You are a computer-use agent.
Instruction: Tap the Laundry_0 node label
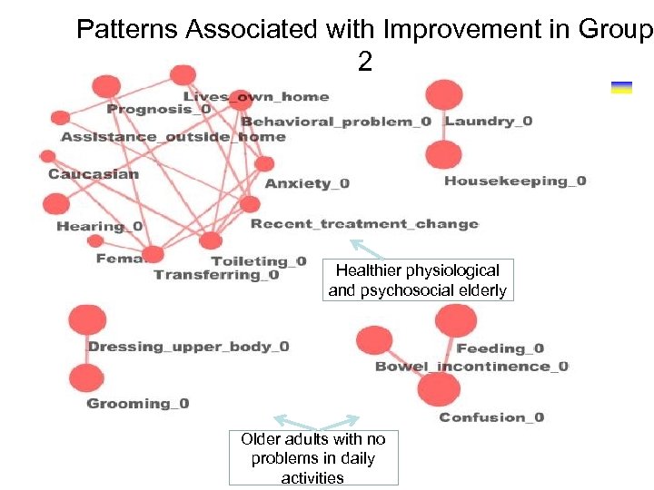[488, 121]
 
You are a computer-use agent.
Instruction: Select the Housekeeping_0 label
[515, 181]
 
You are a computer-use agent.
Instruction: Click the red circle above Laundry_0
[444, 94]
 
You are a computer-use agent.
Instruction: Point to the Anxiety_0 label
[307, 183]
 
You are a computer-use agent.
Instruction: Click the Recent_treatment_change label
[364, 223]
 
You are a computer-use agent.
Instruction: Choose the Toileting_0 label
[259, 261]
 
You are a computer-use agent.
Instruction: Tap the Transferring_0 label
[216, 275]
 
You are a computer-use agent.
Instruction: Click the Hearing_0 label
[99, 226]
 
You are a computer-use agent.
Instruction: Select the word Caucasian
[94, 173]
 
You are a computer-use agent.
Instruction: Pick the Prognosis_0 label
[159, 109]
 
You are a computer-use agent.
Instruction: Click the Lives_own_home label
[256, 96]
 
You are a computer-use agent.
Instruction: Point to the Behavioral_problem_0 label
[335, 122]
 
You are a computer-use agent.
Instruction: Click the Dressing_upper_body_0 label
[188, 346]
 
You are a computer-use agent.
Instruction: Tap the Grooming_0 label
[138, 403]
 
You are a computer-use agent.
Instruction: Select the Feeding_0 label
[500, 348]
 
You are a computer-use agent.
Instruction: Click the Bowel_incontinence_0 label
[471, 367]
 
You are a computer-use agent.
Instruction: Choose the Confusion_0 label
[491, 417]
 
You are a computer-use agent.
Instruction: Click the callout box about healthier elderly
[417, 280]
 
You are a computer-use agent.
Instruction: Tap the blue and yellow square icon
[621, 87]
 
